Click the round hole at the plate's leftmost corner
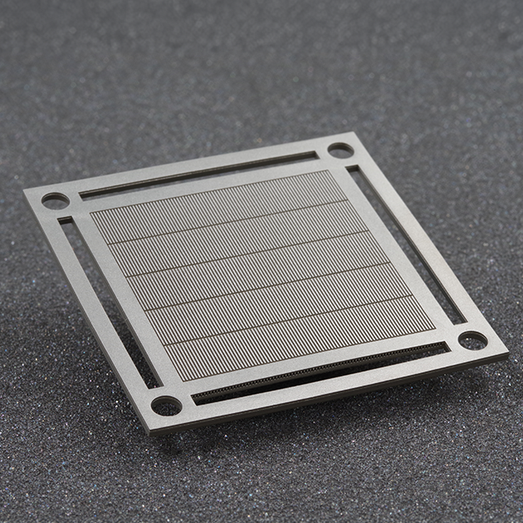[55, 200]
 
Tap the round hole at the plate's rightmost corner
[472, 340]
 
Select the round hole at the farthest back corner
[340, 150]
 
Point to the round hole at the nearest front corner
[166, 405]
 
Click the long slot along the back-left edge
[199, 174]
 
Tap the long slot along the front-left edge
[108, 299]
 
